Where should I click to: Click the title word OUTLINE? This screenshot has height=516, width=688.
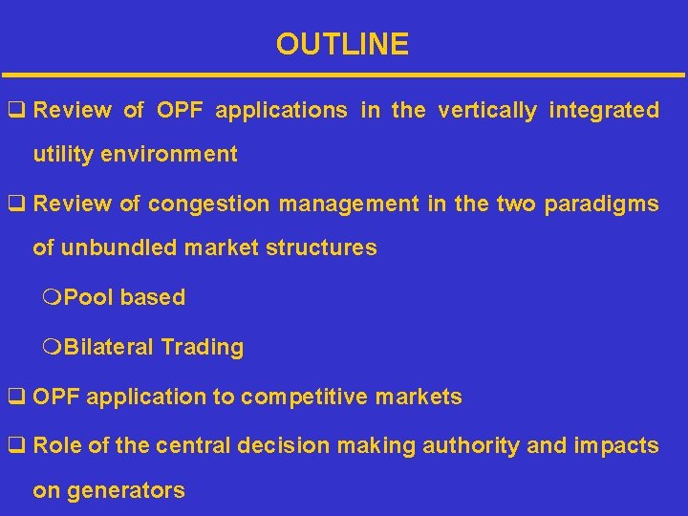click(342, 44)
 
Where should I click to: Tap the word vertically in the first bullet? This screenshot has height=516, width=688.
click(487, 111)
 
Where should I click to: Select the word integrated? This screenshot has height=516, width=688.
click(604, 111)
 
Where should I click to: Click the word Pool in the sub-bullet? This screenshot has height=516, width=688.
click(90, 298)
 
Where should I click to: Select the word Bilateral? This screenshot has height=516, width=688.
click(108, 348)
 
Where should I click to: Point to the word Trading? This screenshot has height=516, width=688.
click(202, 348)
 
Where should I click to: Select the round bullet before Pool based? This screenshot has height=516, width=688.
click(52, 298)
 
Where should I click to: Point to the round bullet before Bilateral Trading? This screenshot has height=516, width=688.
click(52, 348)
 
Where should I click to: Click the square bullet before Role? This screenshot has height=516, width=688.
click(16, 446)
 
